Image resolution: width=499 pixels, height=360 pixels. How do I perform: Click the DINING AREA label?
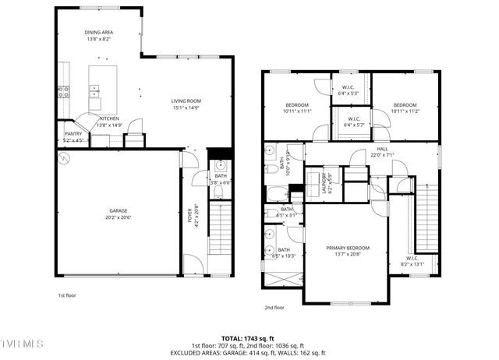tap(99, 33)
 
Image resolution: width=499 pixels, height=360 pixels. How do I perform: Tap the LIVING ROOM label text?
tap(186, 101)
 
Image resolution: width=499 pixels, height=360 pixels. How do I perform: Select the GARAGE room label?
tap(118, 210)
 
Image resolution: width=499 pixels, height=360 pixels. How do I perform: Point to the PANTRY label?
tap(73, 133)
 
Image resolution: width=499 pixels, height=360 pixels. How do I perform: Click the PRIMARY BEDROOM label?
tap(348, 248)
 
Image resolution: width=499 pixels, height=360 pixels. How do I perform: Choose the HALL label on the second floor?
tap(382, 148)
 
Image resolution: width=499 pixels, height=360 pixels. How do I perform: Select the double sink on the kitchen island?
tap(94, 92)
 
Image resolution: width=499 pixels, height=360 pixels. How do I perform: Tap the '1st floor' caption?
tap(68, 296)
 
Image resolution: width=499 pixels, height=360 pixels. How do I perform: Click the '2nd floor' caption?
tap(274, 307)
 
